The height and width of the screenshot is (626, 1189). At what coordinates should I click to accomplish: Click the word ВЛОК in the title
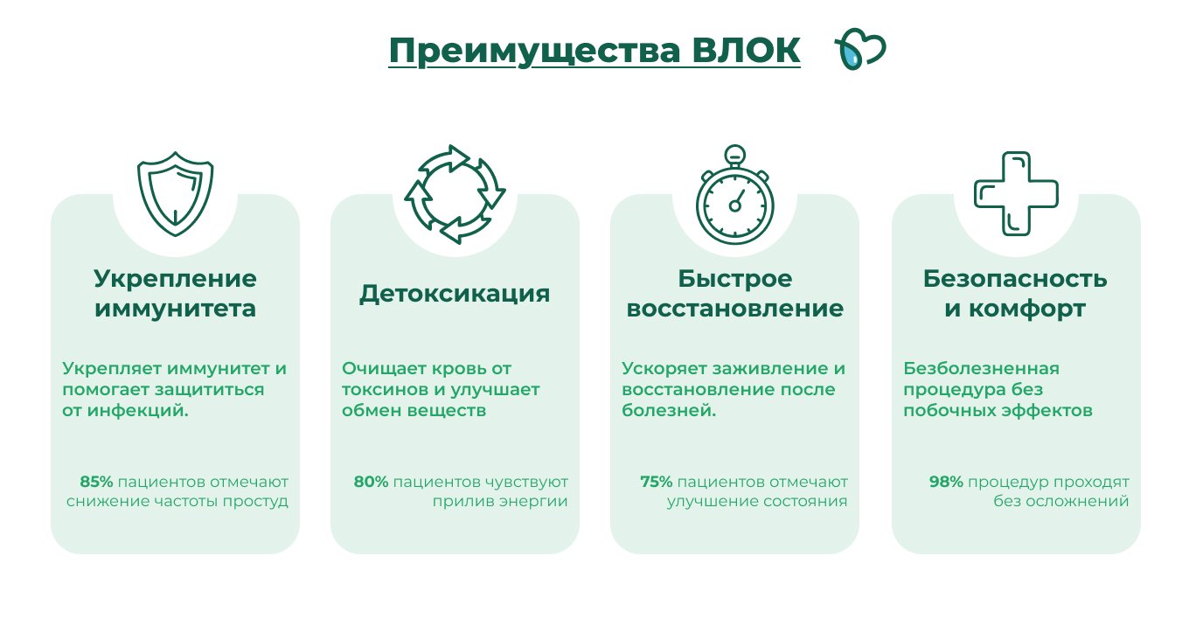click(x=746, y=51)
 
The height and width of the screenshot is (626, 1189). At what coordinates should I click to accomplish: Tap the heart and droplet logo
click(x=860, y=49)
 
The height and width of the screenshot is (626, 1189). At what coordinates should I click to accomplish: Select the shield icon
click(x=175, y=194)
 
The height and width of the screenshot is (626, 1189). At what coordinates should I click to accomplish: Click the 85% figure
click(x=96, y=482)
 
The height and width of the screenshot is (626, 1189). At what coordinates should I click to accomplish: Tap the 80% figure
click(x=371, y=482)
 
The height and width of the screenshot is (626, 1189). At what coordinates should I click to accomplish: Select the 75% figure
click(x=656, y=482)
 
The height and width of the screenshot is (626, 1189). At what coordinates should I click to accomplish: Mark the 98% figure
click(x=946, y=482)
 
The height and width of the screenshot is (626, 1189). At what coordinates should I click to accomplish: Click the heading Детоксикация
click(x=455, y=294)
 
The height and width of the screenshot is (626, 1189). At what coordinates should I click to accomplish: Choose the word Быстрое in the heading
click(x=735, y=279)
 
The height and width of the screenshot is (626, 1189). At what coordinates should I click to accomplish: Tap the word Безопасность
click(x=1015, y=278)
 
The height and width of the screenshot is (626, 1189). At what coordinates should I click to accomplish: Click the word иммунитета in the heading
click(x=175, y=309)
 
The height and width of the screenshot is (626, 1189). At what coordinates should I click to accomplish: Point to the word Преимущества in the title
click(x=534, y=52)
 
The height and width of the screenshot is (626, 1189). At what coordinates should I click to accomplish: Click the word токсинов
click(x=386, y=389)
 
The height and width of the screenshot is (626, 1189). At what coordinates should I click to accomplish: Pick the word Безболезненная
click(x=982, y=368)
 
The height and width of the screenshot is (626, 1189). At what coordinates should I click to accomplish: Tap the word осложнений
click(x=1077, y=501)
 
